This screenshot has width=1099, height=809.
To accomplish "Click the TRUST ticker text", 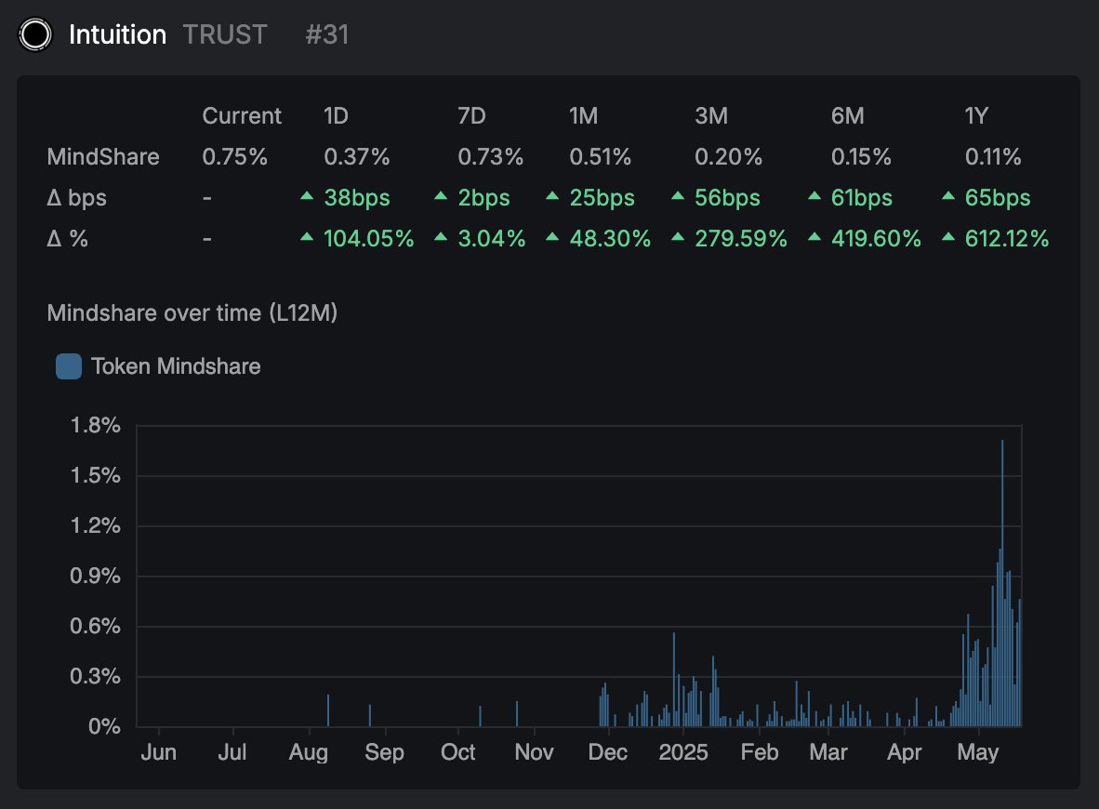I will tap(225, 35).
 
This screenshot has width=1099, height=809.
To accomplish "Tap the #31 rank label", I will tap(326, 35).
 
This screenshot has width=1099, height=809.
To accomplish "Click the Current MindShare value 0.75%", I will tap(234, 157).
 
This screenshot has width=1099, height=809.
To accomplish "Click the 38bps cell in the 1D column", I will tap(356, 198).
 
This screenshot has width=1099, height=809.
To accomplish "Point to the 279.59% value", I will tap(740, 239).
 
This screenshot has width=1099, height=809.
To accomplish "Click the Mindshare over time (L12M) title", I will tap(192, 313).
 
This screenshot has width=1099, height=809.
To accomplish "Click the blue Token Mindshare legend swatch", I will tap(69, 366).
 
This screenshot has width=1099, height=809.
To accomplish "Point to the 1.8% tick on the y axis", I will tap(96, 426).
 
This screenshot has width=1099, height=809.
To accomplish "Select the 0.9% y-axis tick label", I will tap(96, 577).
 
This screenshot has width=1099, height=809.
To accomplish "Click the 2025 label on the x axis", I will tap(682, 751).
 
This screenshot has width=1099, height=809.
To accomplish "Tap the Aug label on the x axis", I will tap(308, 751).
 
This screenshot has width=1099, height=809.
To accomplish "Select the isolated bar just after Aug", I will tap(328, 710).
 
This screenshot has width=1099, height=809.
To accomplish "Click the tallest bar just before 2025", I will tap(673, 680).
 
